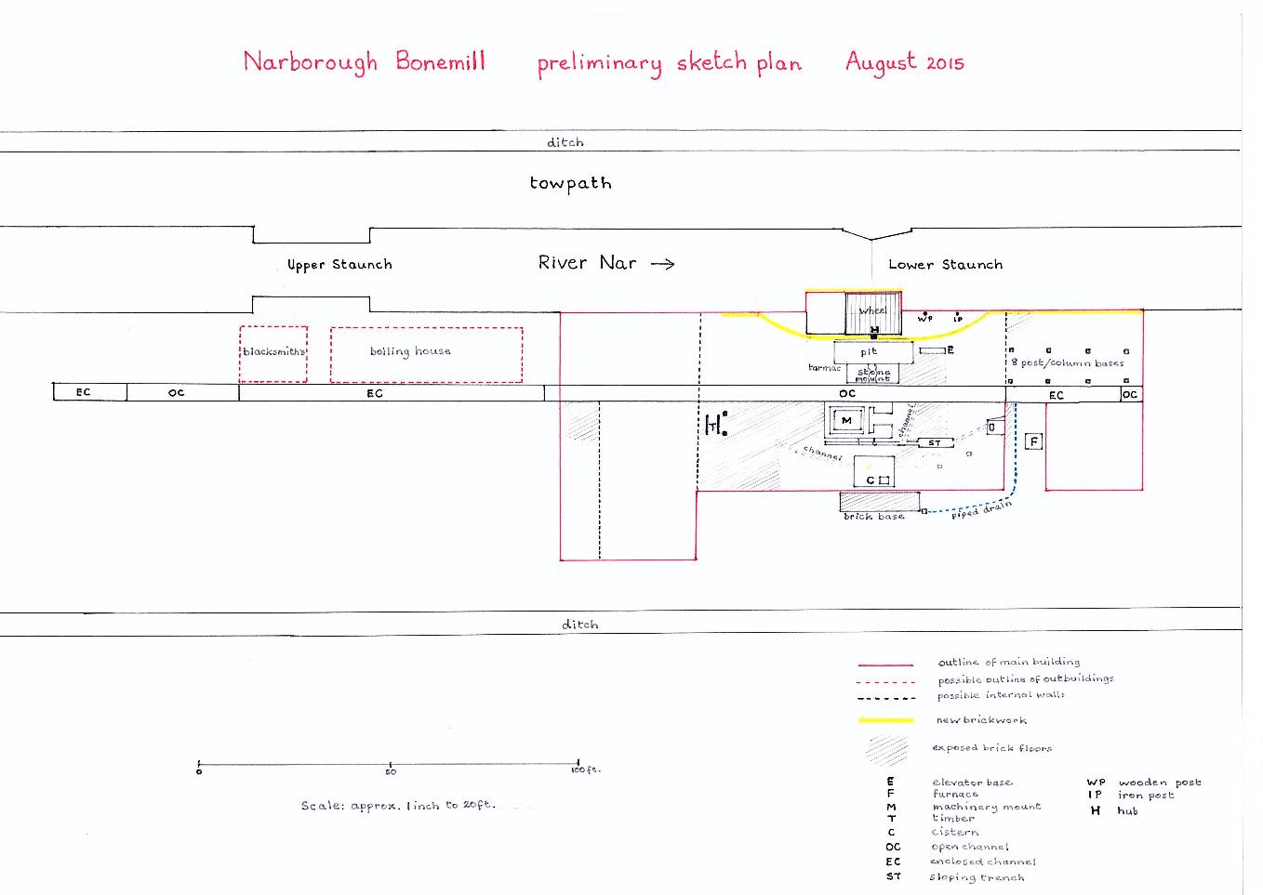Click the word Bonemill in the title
[x=440, y=61]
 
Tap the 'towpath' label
[x=570, y=183]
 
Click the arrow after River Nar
[x=662, y=264]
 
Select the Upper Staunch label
[x=339, y=265]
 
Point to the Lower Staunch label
[x=945, y=265]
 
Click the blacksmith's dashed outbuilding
[x=273, y=354]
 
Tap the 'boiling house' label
[x=410, y=351]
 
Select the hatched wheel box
[x=873, y=312]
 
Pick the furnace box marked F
[x=1033, y=441]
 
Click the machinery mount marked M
[x=846, y=421]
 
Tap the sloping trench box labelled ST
[x=935, y=443]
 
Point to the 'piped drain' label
[x=981, y=509]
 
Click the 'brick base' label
[x=873, y=517]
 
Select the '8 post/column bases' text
[x=1068, y=362]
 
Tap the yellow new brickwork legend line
[x=885, y=719]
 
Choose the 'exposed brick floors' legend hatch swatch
[x=887, y=749]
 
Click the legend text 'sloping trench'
[x=977, y=876]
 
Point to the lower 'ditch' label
[x=579, y=625]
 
